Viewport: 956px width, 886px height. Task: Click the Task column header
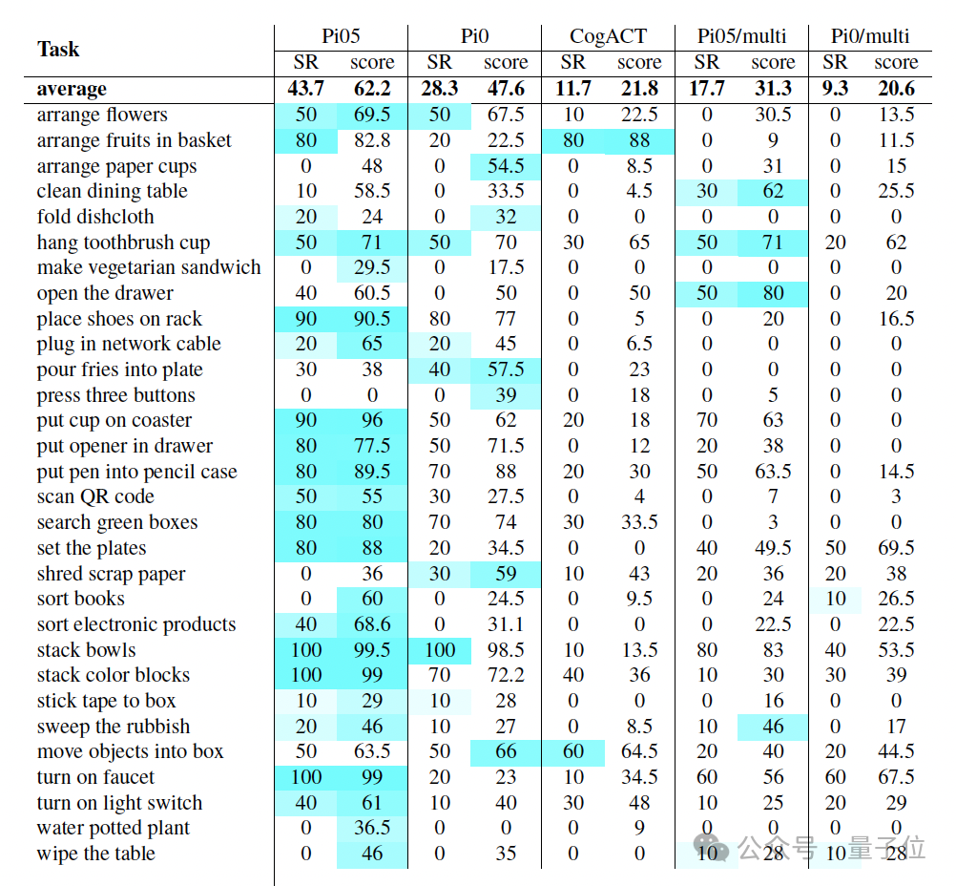pos(58,50)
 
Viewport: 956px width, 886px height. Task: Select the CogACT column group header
pos(608,37)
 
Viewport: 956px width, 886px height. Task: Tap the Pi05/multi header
pos(741,37)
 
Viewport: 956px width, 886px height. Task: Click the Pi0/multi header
pos(869,37)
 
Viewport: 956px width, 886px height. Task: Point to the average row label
pos(72,90)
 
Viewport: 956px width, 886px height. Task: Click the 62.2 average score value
pos(371,90)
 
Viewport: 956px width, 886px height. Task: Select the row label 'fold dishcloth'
pos(95,217)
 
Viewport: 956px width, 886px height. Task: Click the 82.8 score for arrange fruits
pos(371,140)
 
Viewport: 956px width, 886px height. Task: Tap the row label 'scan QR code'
pos(95,496)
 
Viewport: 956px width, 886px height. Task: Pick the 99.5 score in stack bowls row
pos(371,650)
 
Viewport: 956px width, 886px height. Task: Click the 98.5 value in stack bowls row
pos(505,650)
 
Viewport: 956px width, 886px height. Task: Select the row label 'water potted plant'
pos(114,828)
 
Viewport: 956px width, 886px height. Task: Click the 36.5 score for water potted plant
pos(371,828)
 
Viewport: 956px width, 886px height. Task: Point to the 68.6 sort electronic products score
pos(371,624)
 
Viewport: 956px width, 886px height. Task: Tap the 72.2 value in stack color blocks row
pos(505,675)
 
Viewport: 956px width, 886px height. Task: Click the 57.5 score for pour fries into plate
pos(505,369)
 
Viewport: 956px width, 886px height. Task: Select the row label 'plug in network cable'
pos(129,344)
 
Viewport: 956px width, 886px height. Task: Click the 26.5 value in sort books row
pos(896,599)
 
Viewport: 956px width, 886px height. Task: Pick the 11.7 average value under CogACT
pos(572,90)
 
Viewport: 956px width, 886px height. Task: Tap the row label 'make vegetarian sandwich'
pos(149,267)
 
